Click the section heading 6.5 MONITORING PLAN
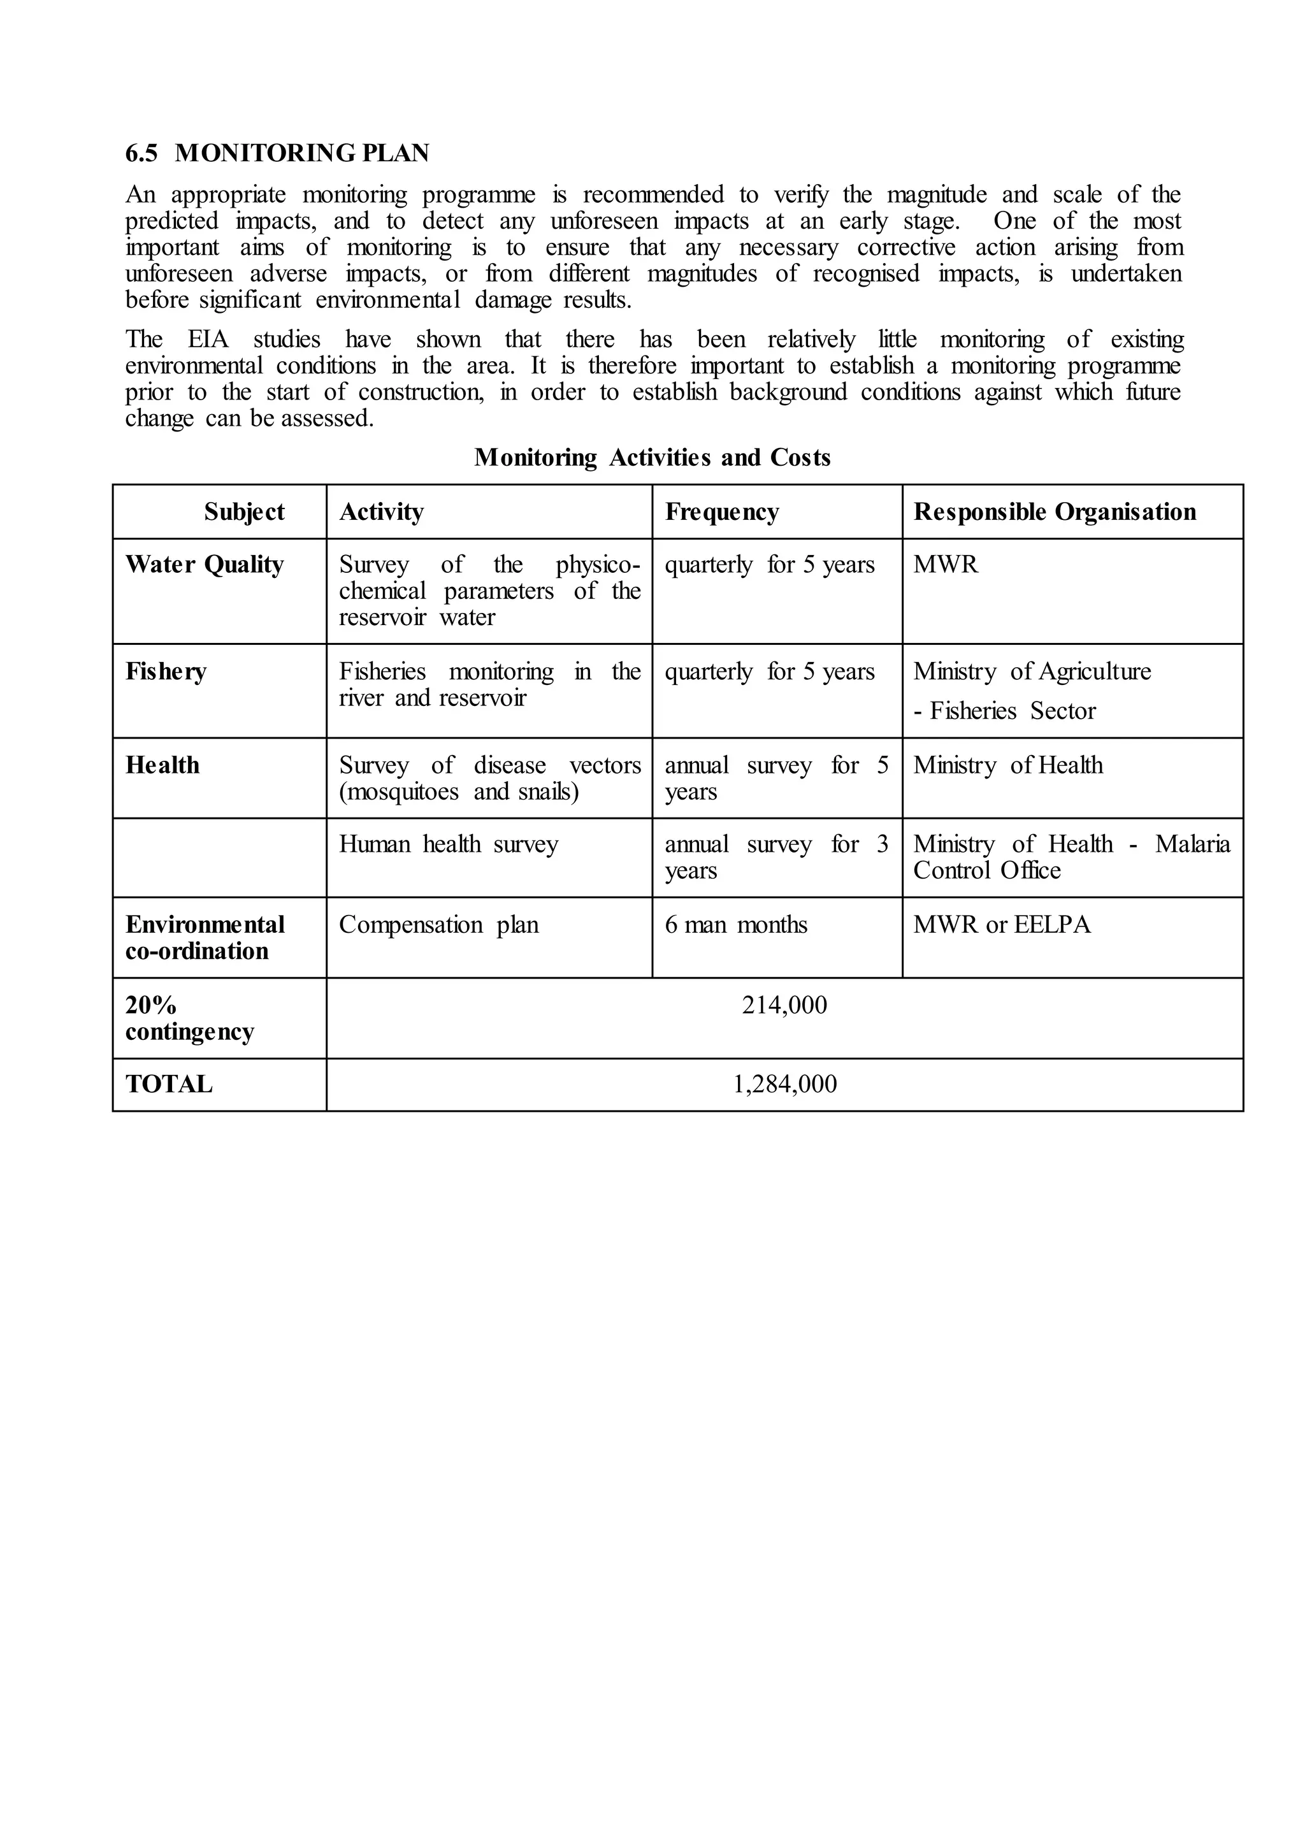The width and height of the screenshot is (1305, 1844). click(277, 153)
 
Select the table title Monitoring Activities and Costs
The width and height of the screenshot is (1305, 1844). click(652, 457)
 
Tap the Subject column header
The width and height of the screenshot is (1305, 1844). click(243, 512)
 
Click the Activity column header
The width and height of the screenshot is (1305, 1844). click(381, 512)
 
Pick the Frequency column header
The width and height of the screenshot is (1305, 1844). click(721, 512)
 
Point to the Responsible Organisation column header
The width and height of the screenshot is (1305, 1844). click(1055, 512)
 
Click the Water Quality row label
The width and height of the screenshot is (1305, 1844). click(204, 564)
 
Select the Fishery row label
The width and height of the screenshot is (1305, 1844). click(166, 671)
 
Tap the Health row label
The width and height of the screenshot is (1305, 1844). click(162, 765)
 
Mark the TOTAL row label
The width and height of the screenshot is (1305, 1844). click(169, 1084)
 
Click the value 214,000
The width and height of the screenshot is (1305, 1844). click(784, 1005)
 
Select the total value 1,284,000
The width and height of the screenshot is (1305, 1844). click(784, 1084)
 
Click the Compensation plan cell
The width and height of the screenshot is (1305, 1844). click(439, 925)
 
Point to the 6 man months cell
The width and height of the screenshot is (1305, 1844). click(735, 925)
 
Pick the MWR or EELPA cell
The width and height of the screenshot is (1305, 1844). click(1002, 925)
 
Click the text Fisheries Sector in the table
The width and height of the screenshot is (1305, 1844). click(1013, 711)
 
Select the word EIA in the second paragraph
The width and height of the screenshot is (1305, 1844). click(208, 339)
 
